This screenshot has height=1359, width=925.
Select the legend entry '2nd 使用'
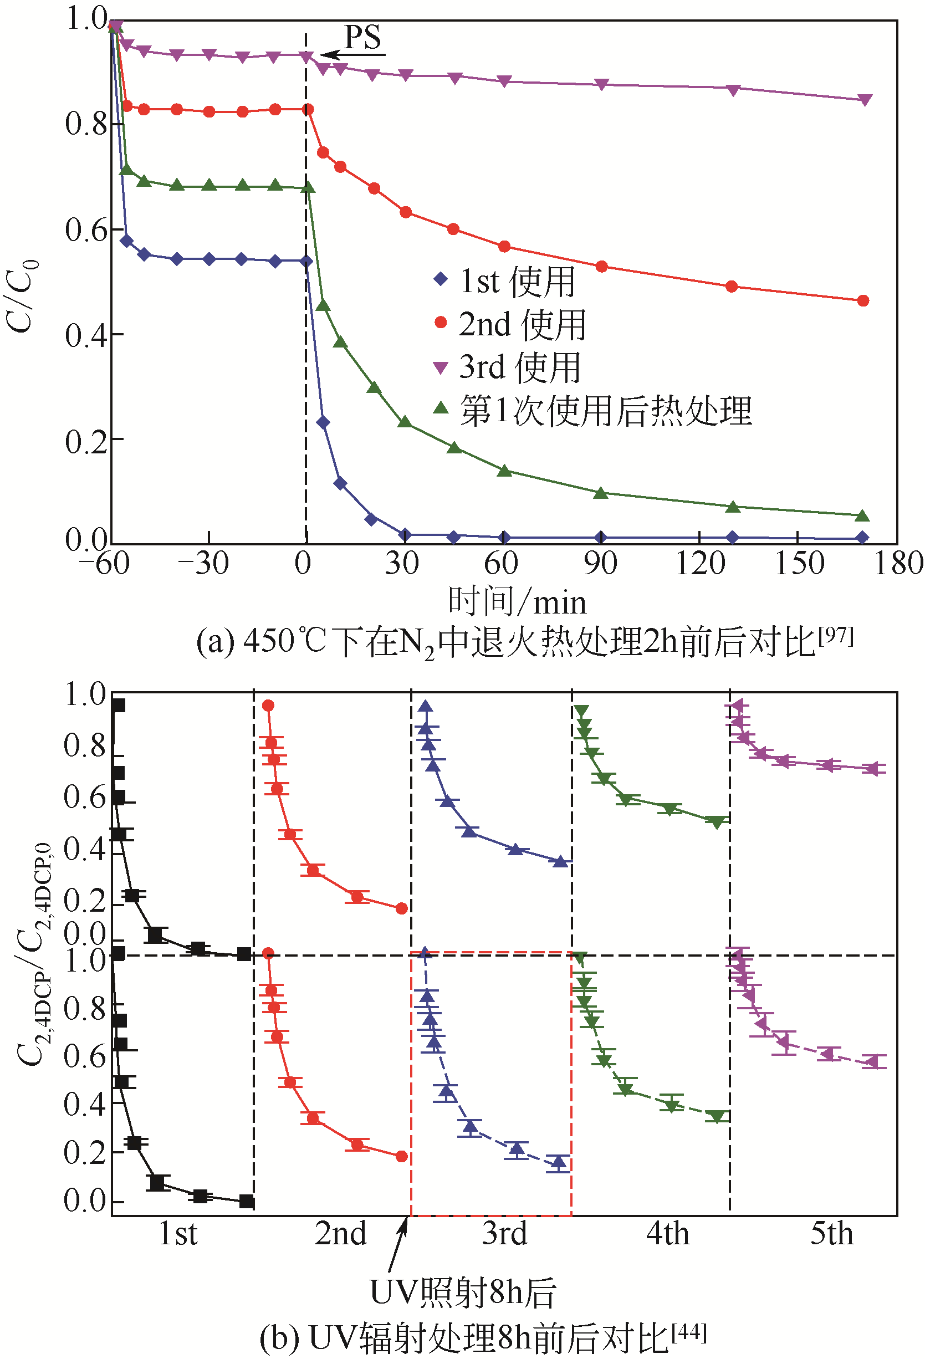[x=522, y=325]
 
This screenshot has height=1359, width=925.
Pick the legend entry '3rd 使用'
[x=519, y=367]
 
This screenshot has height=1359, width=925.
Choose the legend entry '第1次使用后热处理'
[x=605, y=411]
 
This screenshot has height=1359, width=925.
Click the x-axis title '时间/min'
[x=517, y=601]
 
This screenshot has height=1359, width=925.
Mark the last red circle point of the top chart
[x=863, y=300]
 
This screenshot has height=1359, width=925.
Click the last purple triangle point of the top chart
[x=865, y=100]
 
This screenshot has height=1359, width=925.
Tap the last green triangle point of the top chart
[x=863, y=516]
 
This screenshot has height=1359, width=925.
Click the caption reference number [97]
[x=836, y=635]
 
